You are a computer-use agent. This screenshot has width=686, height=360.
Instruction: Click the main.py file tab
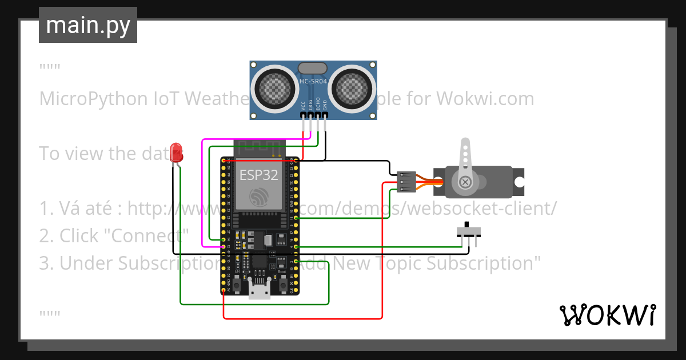pyautogui.click(x=87, y=25)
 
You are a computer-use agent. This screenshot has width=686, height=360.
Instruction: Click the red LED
pyautogui.click(x=176, y=153)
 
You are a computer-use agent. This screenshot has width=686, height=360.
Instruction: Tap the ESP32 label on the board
pyautogui.click(x=258, y=174)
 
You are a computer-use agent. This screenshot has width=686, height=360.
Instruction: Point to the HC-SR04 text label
pyautogui.click(x=313, y=82)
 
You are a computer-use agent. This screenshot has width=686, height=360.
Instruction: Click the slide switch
pyautogui.click(x=469, y=231)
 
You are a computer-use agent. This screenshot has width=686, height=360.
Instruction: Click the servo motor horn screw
pyautogui.click(x=466, y=182)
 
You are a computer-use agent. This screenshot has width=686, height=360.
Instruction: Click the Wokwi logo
pyautogui.click(x=607, y=315)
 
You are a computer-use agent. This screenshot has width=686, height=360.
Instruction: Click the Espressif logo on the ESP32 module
pyautogui.click(x=258, y=197)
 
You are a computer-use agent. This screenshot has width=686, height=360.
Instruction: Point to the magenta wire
pyautogui.click(x=202, y=194)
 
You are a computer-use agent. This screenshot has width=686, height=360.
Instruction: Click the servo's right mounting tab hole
pyautogui.click(x=519, y=182)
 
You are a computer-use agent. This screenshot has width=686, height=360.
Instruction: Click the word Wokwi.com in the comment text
pyautogui.click(x=485, y=99)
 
